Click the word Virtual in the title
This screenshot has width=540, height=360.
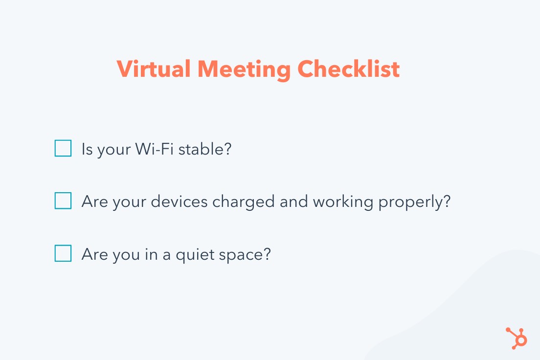tap(154, 68)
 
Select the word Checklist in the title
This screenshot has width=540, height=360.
tap(349, 68)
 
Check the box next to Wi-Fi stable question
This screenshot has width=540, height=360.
tap(63, 148)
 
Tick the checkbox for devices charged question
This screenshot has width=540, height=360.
tap(63, 201)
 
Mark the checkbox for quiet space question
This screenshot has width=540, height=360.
tap(63, 253)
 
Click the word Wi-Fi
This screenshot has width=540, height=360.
tap(154, 149)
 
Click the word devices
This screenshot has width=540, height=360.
tap(179, 202)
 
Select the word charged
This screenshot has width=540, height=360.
tap(243, 202)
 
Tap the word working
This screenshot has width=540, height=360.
tap(343, 202)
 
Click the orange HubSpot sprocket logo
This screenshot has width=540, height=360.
tap(517, 338)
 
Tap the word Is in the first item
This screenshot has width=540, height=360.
tap(87, 149)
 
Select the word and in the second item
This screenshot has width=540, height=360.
tap(294, 202)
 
